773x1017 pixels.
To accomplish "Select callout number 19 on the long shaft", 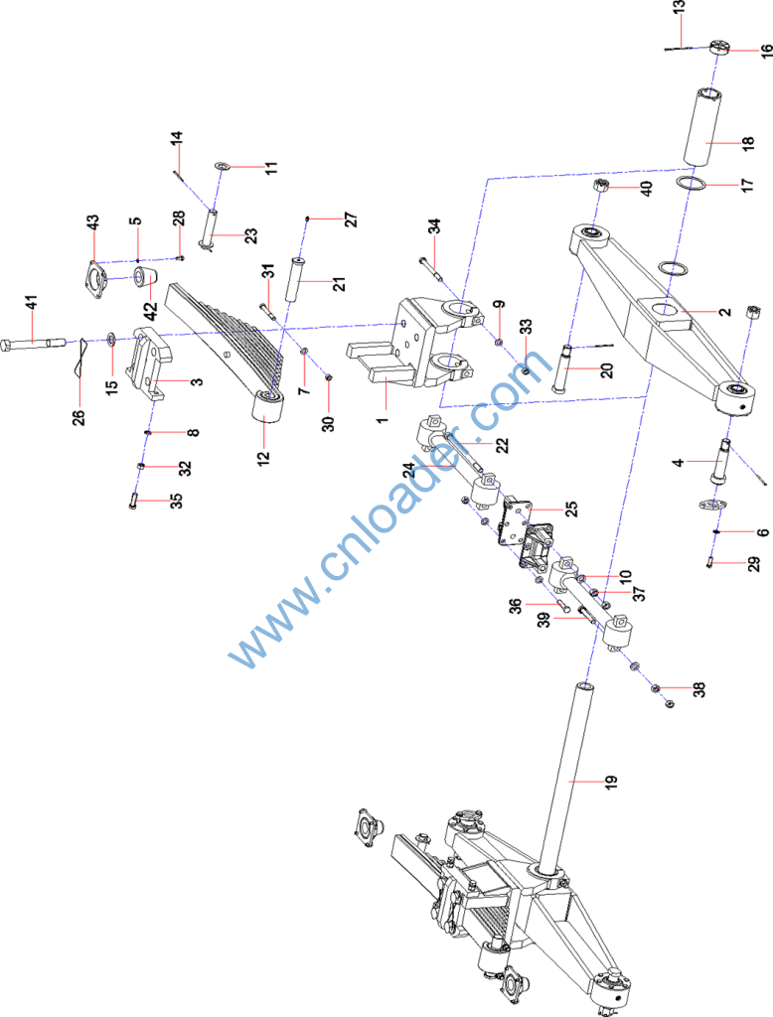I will [609, 783].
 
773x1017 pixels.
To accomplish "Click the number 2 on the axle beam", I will [725, 311].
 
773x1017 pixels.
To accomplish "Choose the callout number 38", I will [698, 687].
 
